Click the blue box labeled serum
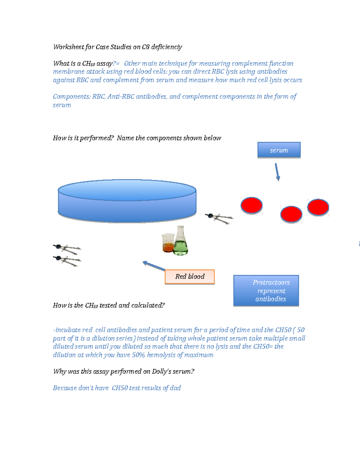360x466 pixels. (279, 150)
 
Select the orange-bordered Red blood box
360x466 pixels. (190, 277)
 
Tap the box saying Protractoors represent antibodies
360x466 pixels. (266, 290)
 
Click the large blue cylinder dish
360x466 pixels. (127, 201)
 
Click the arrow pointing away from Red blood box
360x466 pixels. (154, 266)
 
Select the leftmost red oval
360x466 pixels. (251, 205)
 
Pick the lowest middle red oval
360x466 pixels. (291, 214)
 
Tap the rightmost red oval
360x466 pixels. (318, 207)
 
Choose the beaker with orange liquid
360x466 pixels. (168, 243)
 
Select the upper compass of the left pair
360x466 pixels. (67, 249)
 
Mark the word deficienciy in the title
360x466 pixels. (166, 47)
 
